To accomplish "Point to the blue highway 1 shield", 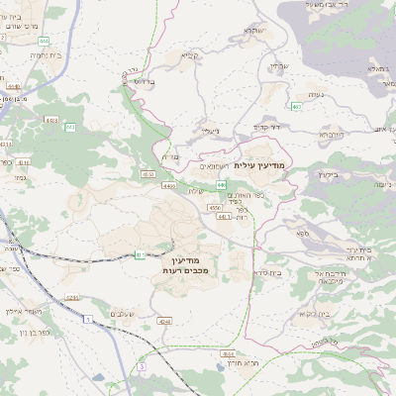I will click(87, 319).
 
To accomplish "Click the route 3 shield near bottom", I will click(142, 366).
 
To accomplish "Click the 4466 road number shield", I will click(169, 185).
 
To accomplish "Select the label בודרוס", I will click(145, 80).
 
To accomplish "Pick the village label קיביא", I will click(190, 55).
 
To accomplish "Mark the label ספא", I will click(301, 232).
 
